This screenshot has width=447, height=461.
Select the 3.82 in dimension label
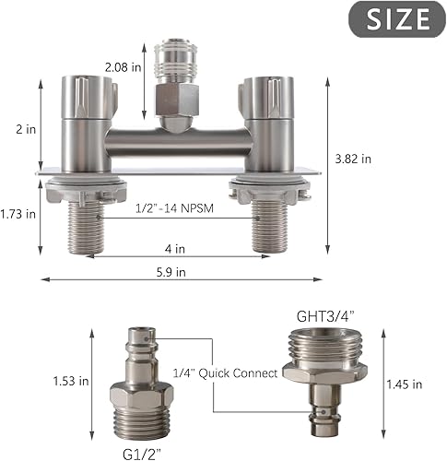[354, 159]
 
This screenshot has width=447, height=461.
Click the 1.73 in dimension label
[18, 214]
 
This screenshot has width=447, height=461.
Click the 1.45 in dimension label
[404, 384]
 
